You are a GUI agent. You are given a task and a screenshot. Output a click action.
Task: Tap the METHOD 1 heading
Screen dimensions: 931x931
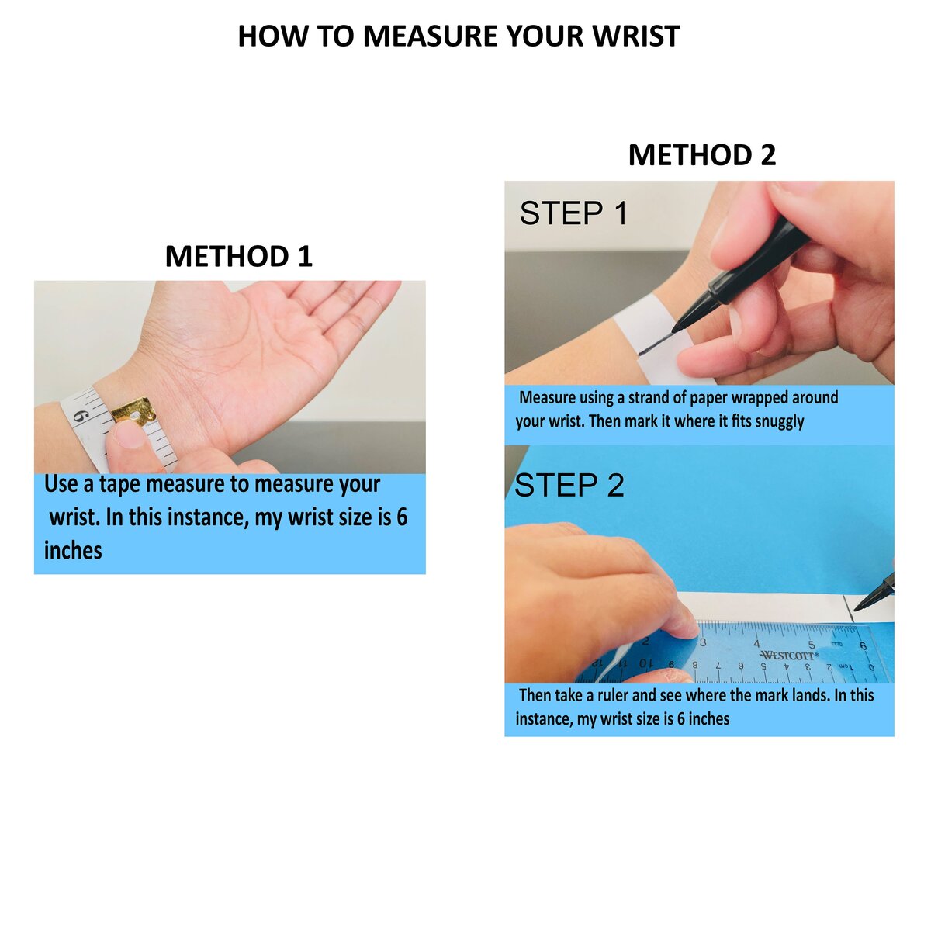[239, 256]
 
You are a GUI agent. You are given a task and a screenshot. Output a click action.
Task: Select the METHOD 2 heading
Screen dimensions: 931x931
[701, 155]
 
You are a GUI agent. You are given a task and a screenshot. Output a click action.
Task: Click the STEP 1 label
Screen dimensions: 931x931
[573, 213]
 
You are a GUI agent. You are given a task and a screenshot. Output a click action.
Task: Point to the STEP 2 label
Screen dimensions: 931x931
[569, 485]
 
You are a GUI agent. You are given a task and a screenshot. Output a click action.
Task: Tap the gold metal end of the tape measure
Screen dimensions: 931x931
[133, 411]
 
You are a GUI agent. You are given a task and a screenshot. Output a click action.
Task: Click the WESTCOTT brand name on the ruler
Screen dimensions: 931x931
[790, 656]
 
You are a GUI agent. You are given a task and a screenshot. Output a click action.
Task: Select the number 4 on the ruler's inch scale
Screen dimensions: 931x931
[757, 643]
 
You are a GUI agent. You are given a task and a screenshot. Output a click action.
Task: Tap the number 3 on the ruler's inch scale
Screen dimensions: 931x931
[703, 642]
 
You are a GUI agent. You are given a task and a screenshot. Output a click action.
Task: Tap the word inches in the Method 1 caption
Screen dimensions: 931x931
[73, 550]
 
